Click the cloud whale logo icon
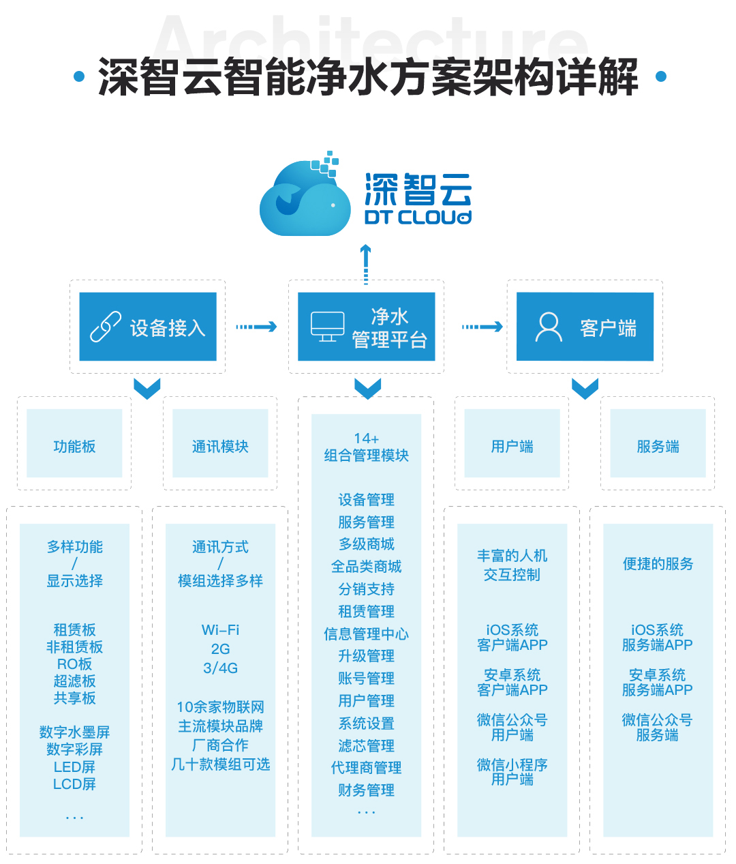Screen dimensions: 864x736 click(x=300, y=198)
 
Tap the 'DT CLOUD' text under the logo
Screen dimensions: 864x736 click(x=418, y=218)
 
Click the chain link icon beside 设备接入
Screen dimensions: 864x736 click(x=106, y=327)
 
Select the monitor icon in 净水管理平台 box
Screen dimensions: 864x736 click(x=327, y=327)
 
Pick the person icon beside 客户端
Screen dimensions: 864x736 click(x=549, y=327)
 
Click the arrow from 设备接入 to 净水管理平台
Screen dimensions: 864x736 click(x=256, y=327)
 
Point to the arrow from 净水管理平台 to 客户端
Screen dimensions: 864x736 click(x=482, y=327)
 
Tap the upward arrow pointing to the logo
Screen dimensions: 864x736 click(x=366, y=263)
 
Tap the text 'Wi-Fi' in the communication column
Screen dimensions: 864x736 click(x=220, y=629)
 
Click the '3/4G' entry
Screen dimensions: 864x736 click(x=220, y=668)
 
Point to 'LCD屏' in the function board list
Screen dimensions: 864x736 click(x=74, y=784)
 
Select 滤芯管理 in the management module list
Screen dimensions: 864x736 click(x=366, y=745)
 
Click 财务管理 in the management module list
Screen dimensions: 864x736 click(x=366, y=790)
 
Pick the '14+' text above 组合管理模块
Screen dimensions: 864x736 click(x=366, y=438)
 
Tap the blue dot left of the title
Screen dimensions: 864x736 click(x=79, y=76)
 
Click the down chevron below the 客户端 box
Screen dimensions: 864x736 click(x=585, y=389)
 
